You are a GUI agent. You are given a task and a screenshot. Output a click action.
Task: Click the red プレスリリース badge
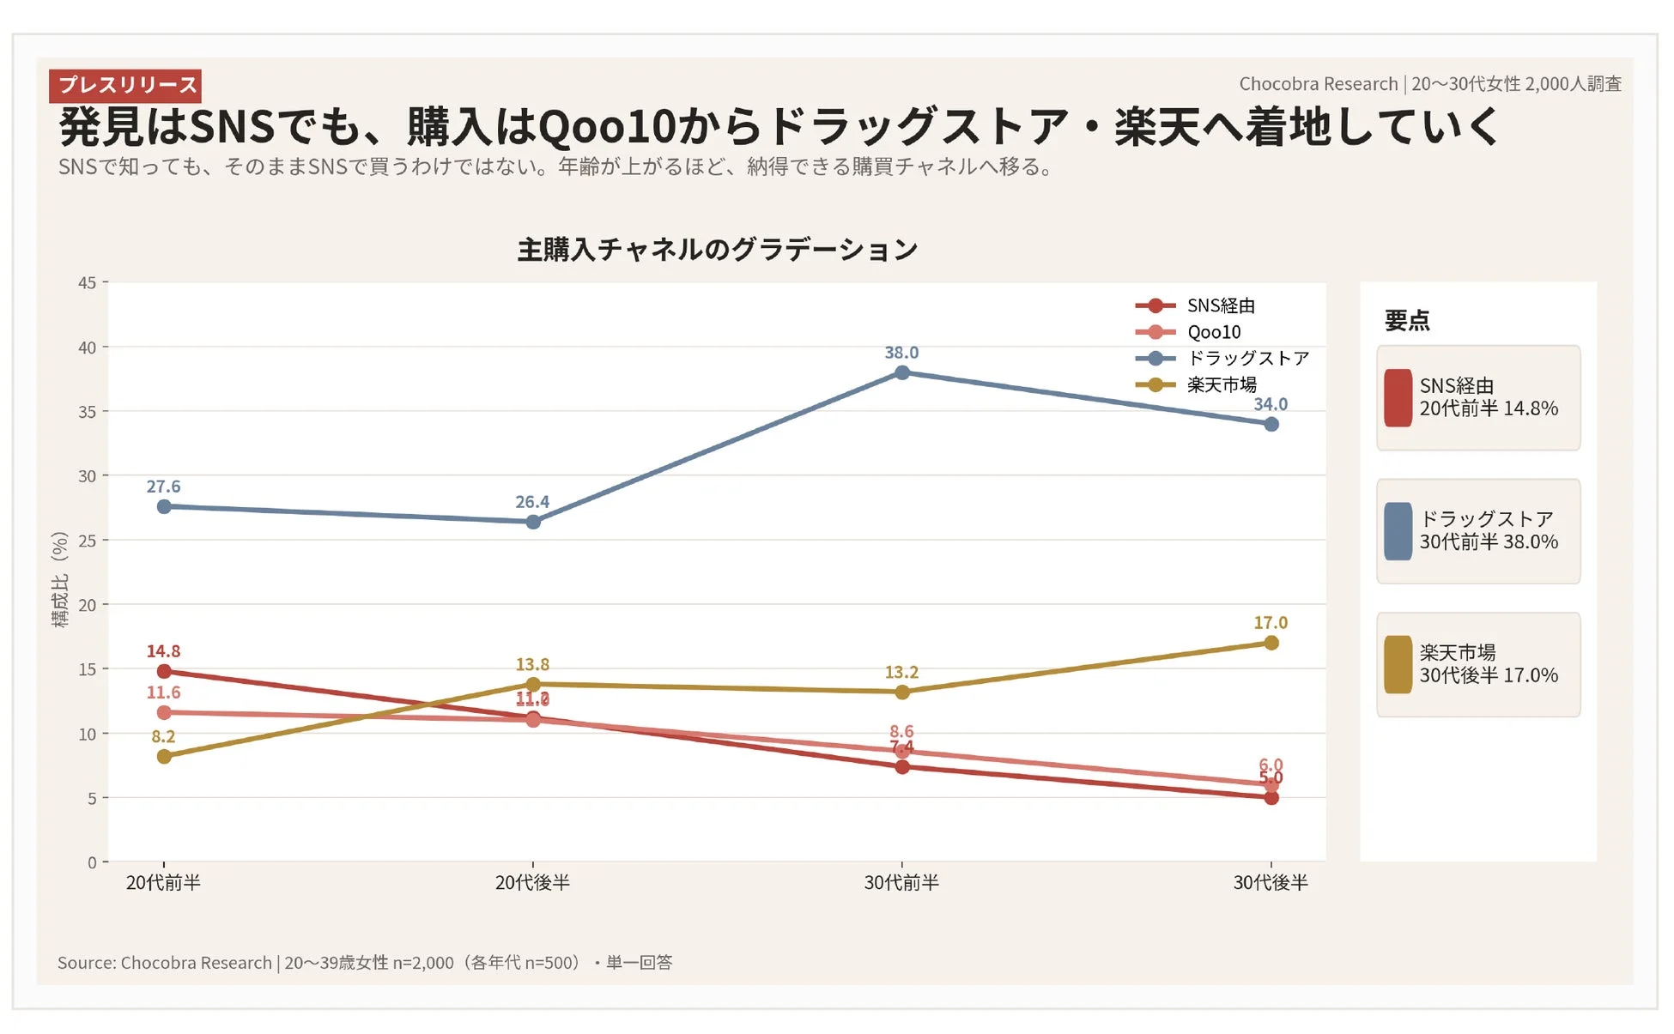(125, 85)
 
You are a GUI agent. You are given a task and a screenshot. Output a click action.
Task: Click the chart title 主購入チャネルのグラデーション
(717, 250)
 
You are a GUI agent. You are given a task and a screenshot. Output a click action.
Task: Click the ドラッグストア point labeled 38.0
(901, 372)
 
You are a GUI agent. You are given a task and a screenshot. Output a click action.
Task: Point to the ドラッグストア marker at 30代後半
(1271, 424)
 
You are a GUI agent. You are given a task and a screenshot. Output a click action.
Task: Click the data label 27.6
(163, 487)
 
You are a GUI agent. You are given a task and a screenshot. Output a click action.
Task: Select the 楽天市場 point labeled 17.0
(1271, 643)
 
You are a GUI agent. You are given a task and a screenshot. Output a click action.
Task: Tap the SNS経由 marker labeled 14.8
(164, 671)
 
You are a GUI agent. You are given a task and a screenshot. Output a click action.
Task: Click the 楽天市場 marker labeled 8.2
(164, 756)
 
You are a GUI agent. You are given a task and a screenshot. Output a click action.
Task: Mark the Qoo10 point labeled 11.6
(164, 712)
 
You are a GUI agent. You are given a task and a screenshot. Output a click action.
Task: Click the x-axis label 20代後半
(532, 882)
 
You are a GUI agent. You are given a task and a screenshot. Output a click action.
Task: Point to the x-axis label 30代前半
(901, 882)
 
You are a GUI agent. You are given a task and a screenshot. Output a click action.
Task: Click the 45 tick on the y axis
(87, 282)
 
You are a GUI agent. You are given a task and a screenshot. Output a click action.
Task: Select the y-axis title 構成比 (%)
(59, 579)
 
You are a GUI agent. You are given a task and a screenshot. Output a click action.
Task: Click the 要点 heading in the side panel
(1406, 321)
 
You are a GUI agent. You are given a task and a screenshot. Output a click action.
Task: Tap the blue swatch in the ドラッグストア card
(1398, 531)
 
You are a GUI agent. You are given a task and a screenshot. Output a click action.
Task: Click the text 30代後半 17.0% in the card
(1488, 675)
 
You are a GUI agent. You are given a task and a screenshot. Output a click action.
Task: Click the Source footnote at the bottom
(365, 962)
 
